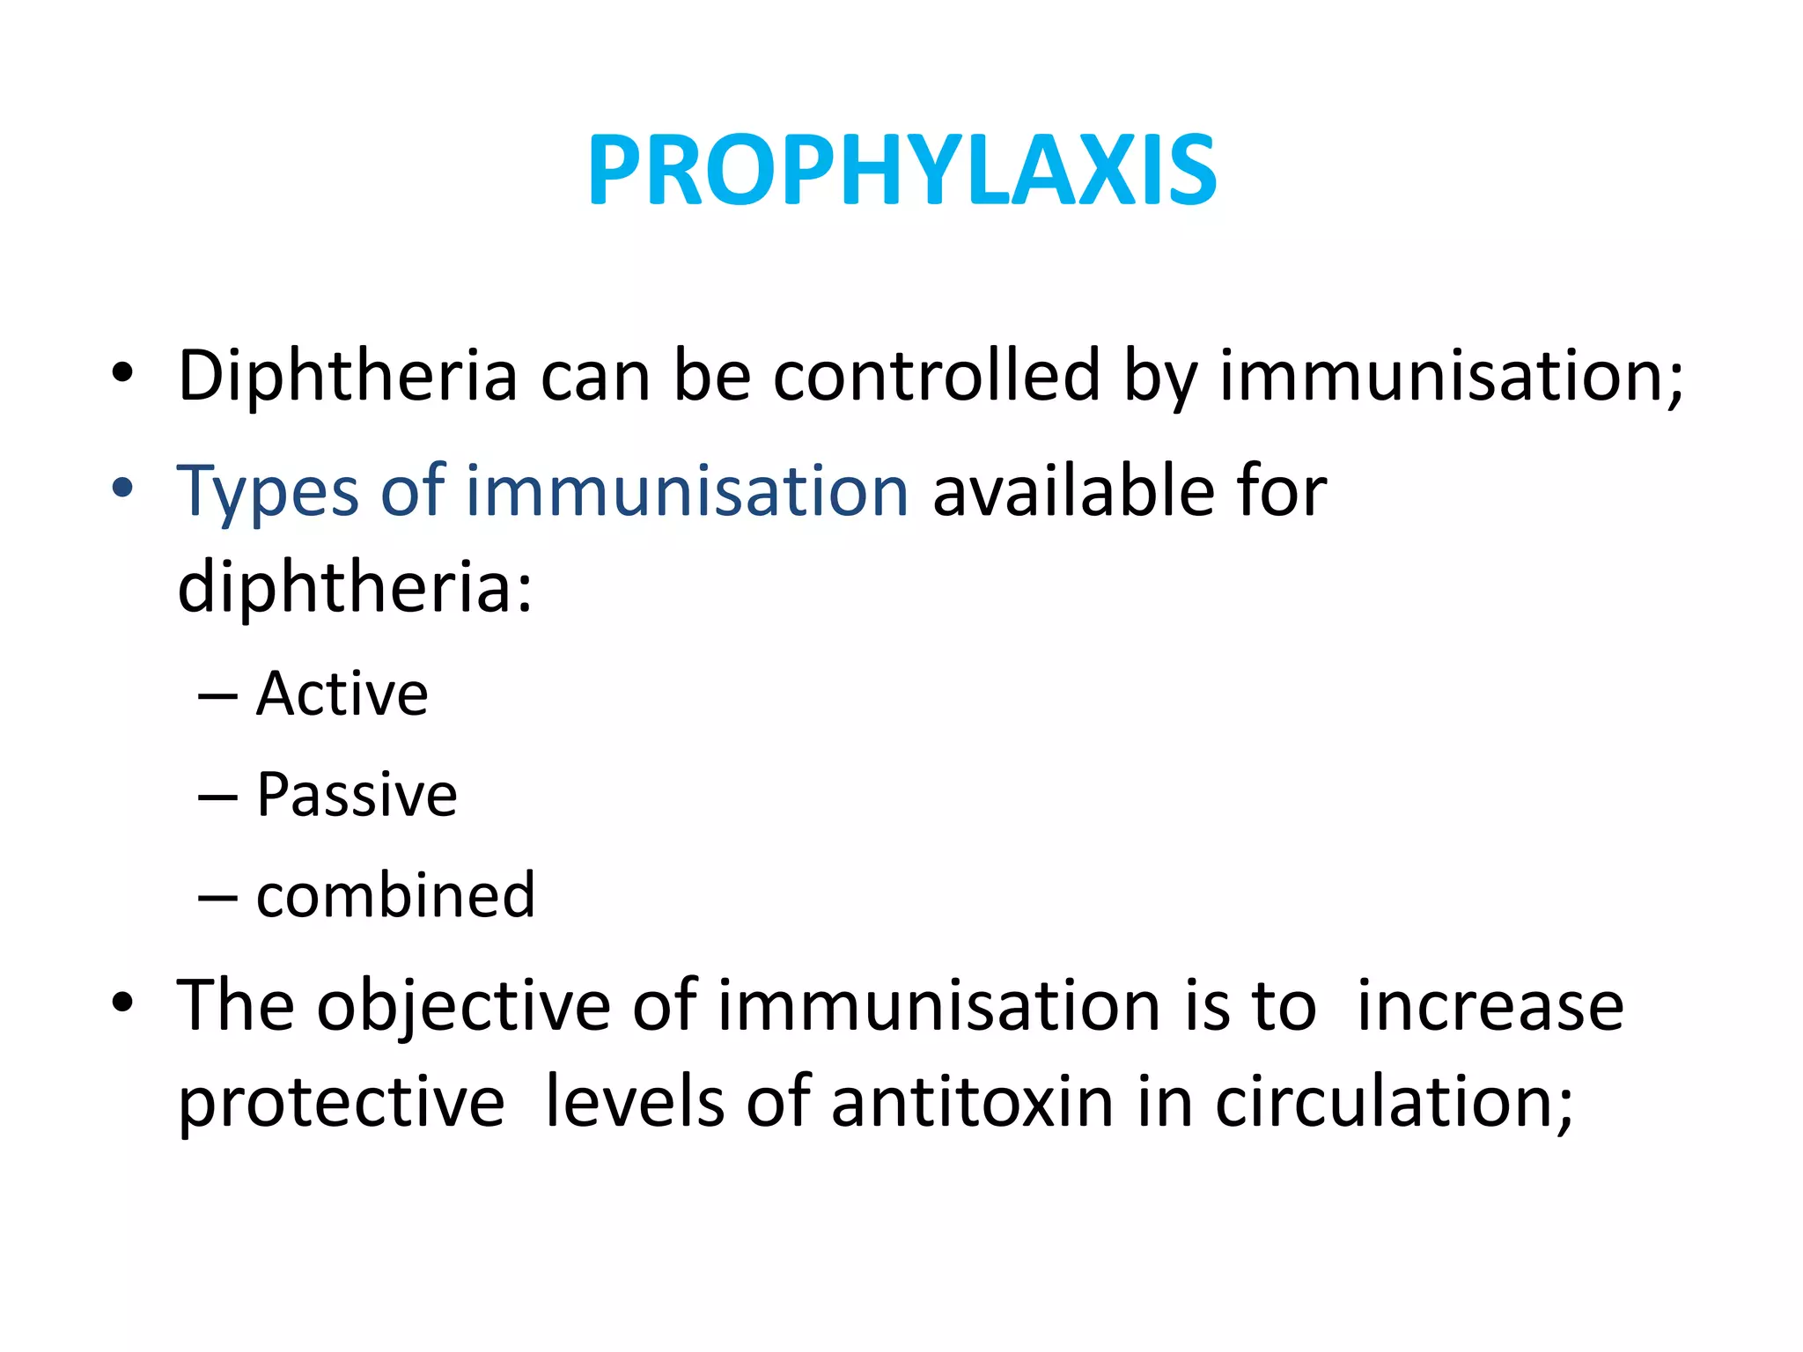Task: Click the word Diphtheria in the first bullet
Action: click(348, 376)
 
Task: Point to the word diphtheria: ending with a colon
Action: click(355, 587)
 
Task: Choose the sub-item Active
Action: click(342, 694)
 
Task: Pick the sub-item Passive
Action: click(357, 795)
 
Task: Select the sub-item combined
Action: click(395, 895)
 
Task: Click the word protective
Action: click(342, 1103)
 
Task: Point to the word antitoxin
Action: click(972, 1102)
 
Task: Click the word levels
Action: click(635, 1102)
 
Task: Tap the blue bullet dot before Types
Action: click(122, 489)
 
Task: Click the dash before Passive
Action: click(217, 797)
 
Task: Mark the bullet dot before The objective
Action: click(122, 1003)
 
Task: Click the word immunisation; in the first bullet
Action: click(1451, 376)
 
